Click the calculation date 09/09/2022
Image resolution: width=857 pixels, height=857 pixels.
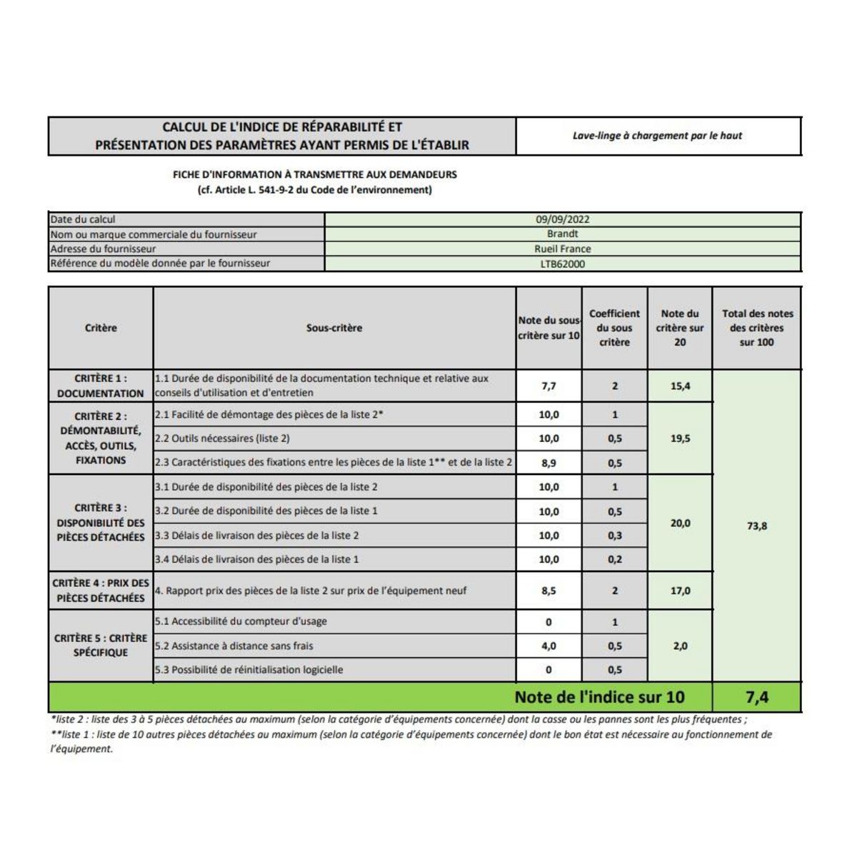(x=563, y=219)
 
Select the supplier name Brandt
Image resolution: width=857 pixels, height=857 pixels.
(x=563, y=234)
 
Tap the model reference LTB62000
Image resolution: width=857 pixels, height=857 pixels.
(x=563, y=264)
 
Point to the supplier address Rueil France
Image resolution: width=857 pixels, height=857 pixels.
(x=563, y=249)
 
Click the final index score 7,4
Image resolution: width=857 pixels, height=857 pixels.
(x=757, y=697)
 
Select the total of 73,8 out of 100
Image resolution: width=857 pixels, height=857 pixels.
(x=757, y=526)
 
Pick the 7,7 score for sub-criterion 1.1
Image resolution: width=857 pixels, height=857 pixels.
(x=548, y=386)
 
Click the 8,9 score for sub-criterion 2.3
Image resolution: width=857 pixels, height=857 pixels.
(x=548, y=463)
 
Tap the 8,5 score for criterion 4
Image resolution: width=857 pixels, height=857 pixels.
(x=548, y=591)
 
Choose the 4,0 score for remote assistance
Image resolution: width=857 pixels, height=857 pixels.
(x=548, y=646)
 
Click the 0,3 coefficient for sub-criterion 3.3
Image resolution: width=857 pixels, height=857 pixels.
(x=615, y=536)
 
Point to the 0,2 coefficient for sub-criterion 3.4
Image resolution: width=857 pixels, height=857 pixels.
(x=615, y=559)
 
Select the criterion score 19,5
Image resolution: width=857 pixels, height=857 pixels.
(x=680, y=438)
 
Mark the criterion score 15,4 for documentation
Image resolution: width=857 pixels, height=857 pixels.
(x=680, y=386)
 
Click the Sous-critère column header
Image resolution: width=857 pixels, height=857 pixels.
(x=334, y=328)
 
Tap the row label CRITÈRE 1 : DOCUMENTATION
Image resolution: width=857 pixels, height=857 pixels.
(x=101, y=386)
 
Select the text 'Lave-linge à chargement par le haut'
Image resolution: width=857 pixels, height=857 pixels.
(x=657, y=136)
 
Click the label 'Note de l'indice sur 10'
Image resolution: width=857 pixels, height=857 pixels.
(x=599, y=697)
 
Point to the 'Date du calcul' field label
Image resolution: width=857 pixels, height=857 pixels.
(x=83, y=219)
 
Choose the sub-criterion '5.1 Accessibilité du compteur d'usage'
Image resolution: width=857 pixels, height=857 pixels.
(x=241, y=621)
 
